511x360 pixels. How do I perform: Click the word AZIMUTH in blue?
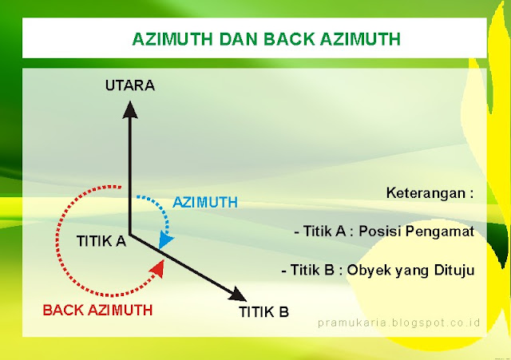pyautogui.click(x=204, y=203)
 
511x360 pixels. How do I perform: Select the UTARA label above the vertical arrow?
pyautogui.click(x=129, y=84)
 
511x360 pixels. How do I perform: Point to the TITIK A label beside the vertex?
pyautogui.click(x=101, y=240)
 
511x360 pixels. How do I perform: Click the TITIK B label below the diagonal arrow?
pyautogui.click(x=263, y=311)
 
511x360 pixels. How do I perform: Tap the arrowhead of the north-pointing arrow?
pyautogui.click(x=129, y=106)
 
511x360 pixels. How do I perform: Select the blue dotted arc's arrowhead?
pyautogui.click(x=166, y=239)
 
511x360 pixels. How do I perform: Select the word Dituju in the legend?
pyautogui.click(x=455, y=270)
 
